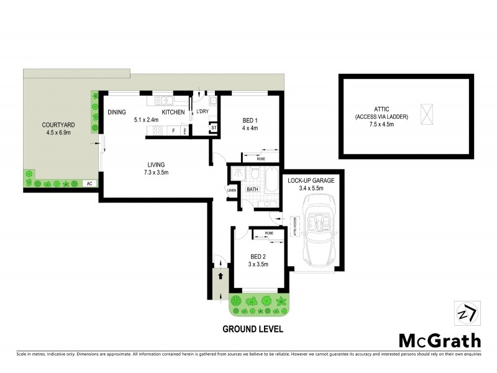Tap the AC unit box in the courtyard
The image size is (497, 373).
click(89, 183)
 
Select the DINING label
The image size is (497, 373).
click(117, 112)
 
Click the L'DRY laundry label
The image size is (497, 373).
click(202, 112)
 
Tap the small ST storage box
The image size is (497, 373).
click(213, 128)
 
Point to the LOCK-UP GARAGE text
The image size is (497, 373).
click(311, 180)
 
